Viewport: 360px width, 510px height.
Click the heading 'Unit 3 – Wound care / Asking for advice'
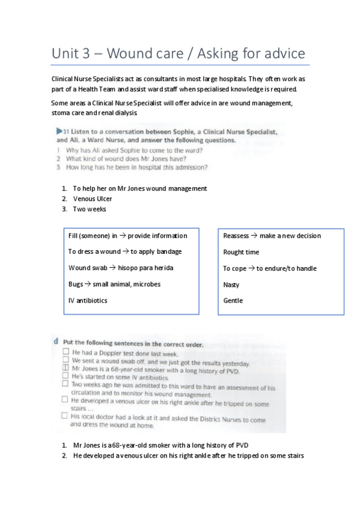tap(178, 54)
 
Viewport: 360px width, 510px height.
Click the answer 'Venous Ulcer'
tap(93, 198)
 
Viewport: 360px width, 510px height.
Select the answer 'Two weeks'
tap(90, 209)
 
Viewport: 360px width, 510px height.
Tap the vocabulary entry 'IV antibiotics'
tap(88, 301)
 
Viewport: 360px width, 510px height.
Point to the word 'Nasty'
tap(231, 284)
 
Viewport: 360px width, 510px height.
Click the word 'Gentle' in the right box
tap(233, 301)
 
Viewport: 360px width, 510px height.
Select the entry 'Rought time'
tap(241, 252)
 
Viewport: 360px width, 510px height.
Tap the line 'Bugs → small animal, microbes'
tap(114, 284)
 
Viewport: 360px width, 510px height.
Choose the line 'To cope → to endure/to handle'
tap(269, 268)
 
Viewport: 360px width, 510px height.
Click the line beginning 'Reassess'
tap(272, 236)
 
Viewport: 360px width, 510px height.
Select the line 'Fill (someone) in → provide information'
tap(127, 236)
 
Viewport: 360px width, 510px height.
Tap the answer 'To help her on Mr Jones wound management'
tap(140, 188)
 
